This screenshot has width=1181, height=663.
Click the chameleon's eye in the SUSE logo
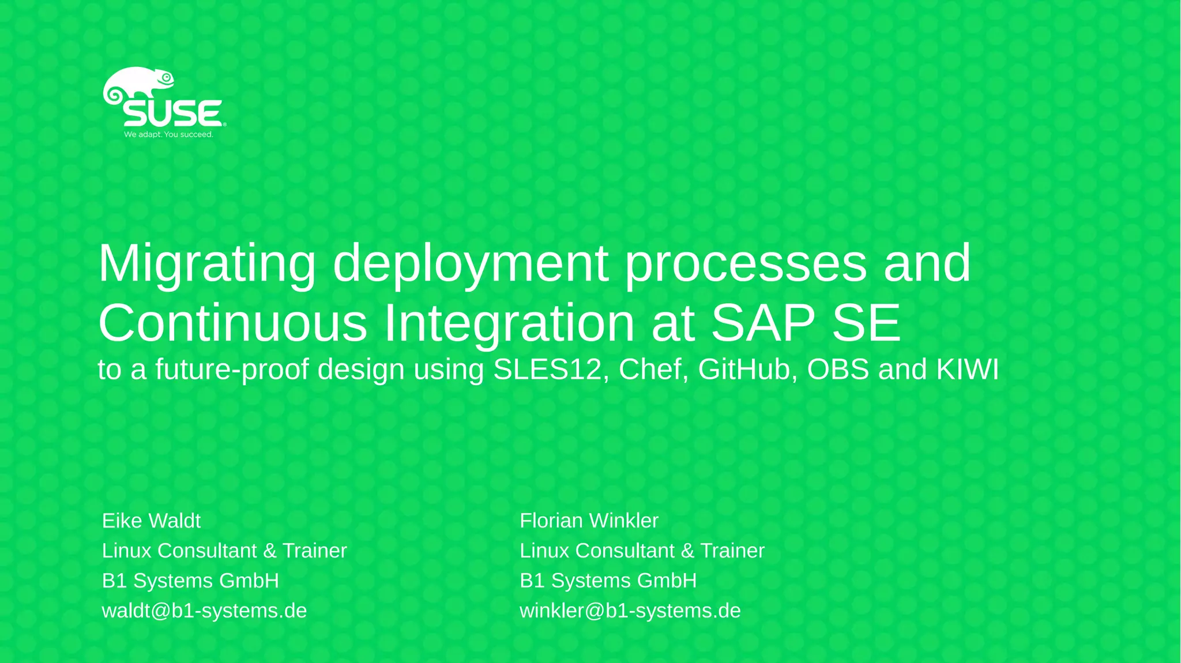pyautogui.click(x=167, y=77)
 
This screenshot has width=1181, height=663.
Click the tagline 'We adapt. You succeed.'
pyautogui.click(x=168, y=134)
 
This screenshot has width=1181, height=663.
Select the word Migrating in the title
pyautogui.click(x=207, y=263)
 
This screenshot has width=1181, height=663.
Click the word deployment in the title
pyautogui.click(x=470, y=263)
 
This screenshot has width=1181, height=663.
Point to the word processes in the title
pyautogui.click(x=746, y=263)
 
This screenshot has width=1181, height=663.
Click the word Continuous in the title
pyautogui.click(x=232, y=323)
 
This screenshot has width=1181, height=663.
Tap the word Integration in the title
pyautogui.click(x=509, y=323)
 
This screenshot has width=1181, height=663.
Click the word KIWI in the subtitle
pyautogui.click(x=968, y=370)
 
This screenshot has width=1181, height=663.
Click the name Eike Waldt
pyautogui.click(x=151, y=521)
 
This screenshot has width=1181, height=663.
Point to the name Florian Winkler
pyautogui.click(x=589, y=521)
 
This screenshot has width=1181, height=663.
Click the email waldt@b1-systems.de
pyautogui.click(x=204, y=611)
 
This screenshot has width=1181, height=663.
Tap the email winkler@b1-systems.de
pyautogui.click(x=630, y=611)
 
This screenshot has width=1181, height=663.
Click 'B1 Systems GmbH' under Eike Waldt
pyautogui.click(x=190, y=581)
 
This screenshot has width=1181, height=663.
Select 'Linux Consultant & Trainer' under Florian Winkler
pyautogui.click(x=642, y=551)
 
